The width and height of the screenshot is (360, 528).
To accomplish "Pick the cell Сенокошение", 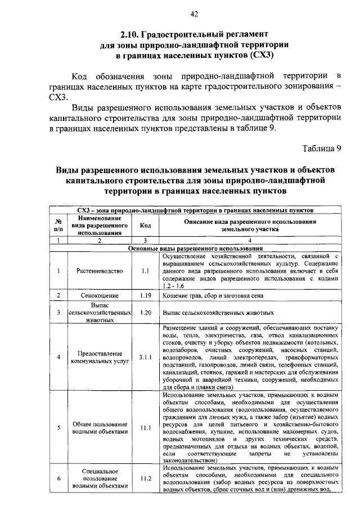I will (100, 295).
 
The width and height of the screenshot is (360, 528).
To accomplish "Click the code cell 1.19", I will (145, 295).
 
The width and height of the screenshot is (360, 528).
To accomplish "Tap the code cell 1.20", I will (145, 312).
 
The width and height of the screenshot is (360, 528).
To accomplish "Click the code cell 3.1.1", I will (145, 357).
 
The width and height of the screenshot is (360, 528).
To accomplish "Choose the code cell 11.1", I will (145, 427).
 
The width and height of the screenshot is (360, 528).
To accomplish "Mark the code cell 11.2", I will (145, 479).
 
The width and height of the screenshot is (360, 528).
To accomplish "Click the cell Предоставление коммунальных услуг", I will (100, 358).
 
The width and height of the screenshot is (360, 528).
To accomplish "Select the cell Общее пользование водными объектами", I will (100, 427).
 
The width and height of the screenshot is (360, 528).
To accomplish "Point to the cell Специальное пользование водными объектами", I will (100, 479).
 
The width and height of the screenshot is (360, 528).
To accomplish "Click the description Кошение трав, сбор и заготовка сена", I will (212, 295).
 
